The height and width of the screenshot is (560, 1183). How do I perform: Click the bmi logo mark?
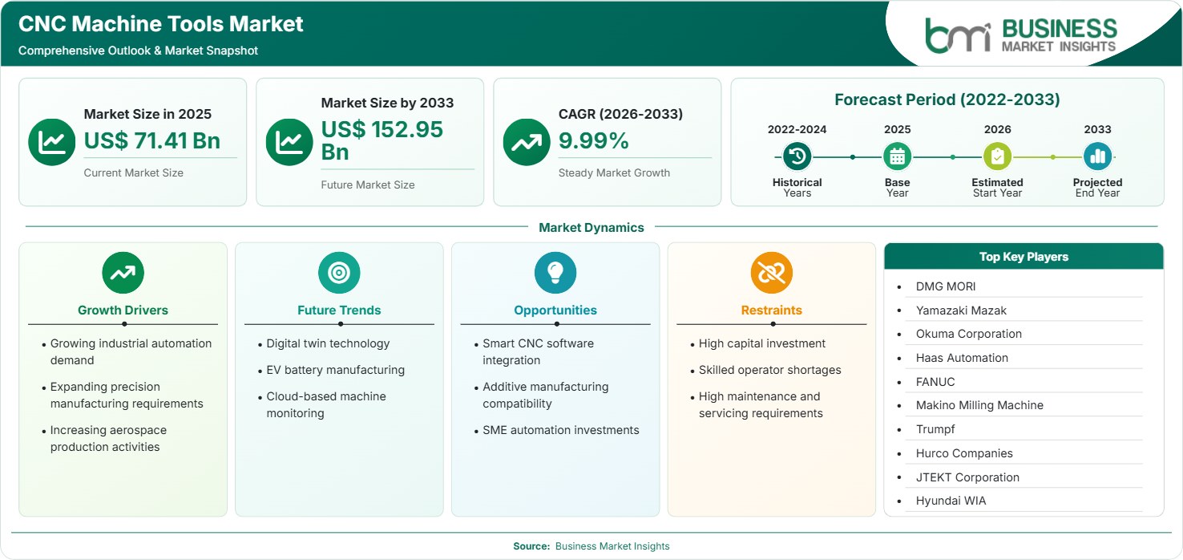coord(958,35)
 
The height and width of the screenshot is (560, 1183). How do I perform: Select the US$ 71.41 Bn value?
coord(152,140)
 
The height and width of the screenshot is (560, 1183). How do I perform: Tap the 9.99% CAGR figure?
coord(594,140)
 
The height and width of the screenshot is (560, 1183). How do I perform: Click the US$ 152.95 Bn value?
coord(382,140)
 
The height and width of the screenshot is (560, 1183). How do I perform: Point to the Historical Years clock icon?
coord(797,156)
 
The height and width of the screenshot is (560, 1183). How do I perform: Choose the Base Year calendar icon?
coord(898,156)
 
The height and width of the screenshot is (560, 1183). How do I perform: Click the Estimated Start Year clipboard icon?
coord(997,156)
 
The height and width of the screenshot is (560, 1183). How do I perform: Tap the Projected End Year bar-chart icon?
coord(1097,156)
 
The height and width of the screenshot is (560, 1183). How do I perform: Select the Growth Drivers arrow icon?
coord(123,272)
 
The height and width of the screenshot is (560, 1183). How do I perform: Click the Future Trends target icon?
coord(339,272)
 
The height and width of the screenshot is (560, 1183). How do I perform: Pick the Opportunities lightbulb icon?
coord(555,272)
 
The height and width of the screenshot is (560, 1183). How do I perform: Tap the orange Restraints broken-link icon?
coord(772,272)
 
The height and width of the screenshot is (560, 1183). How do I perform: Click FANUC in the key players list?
coord(935,382)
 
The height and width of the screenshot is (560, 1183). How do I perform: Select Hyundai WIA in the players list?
coord(951,501)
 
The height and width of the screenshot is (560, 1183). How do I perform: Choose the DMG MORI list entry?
coord(945,286)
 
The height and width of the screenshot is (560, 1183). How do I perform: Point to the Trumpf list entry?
coord(935,429)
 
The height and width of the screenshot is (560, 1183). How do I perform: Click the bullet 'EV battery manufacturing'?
coord(335,370)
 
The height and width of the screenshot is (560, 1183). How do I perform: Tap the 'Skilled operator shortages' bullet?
coord(770,370)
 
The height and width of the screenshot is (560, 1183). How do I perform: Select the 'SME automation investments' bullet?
coord(561,431)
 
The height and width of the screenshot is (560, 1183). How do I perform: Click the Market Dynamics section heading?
coord(591,227)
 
